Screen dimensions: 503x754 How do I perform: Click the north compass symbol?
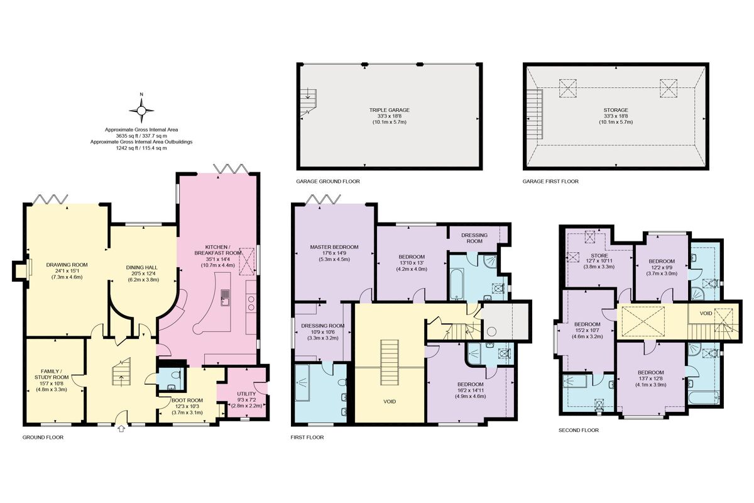coord(141,111)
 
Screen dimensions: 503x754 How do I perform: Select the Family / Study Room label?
coord(52,375)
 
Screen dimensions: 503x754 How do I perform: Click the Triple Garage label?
coord(390,110)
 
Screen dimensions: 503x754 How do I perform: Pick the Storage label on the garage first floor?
coord(616,110)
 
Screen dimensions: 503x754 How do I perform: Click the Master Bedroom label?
coord(334,246)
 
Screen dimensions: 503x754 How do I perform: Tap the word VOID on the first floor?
coord(390,401)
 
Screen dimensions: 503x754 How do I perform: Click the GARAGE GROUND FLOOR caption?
coord(327,181)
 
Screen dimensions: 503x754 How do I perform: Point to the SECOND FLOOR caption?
coord(578,431)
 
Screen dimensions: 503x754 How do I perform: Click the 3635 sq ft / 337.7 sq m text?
coord(141,136)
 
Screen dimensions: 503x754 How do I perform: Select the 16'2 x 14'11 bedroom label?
coord(470,390)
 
